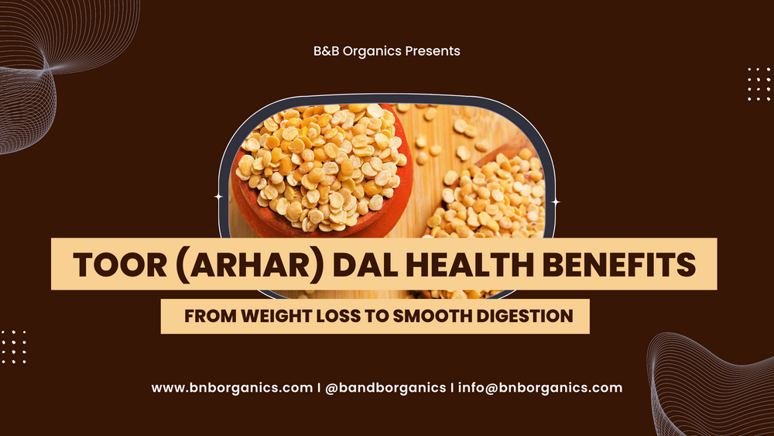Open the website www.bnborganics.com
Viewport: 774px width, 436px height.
pos(231,387)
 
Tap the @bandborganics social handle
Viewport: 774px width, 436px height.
pos(384,387)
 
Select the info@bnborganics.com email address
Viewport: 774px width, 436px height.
pos(539,387)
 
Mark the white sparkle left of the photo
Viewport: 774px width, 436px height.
pos(218,197)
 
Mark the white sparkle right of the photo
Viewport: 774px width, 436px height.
pos(556,202)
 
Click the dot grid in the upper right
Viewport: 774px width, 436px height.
pos(759,84)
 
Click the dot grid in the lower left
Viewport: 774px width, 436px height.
pos(14,346)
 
